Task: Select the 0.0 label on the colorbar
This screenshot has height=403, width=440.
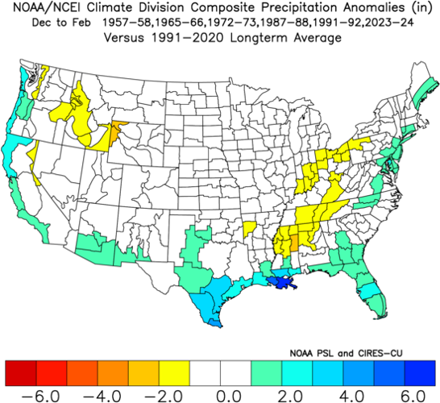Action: point(221,395)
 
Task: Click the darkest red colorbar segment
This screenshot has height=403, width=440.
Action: point(21,372)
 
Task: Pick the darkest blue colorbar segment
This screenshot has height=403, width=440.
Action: point(420,372)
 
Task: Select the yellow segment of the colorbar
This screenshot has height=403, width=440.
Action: point(174,372)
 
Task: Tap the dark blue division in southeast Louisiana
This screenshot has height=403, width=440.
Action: point(282,284)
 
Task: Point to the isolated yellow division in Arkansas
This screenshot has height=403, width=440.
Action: point(250,228)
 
